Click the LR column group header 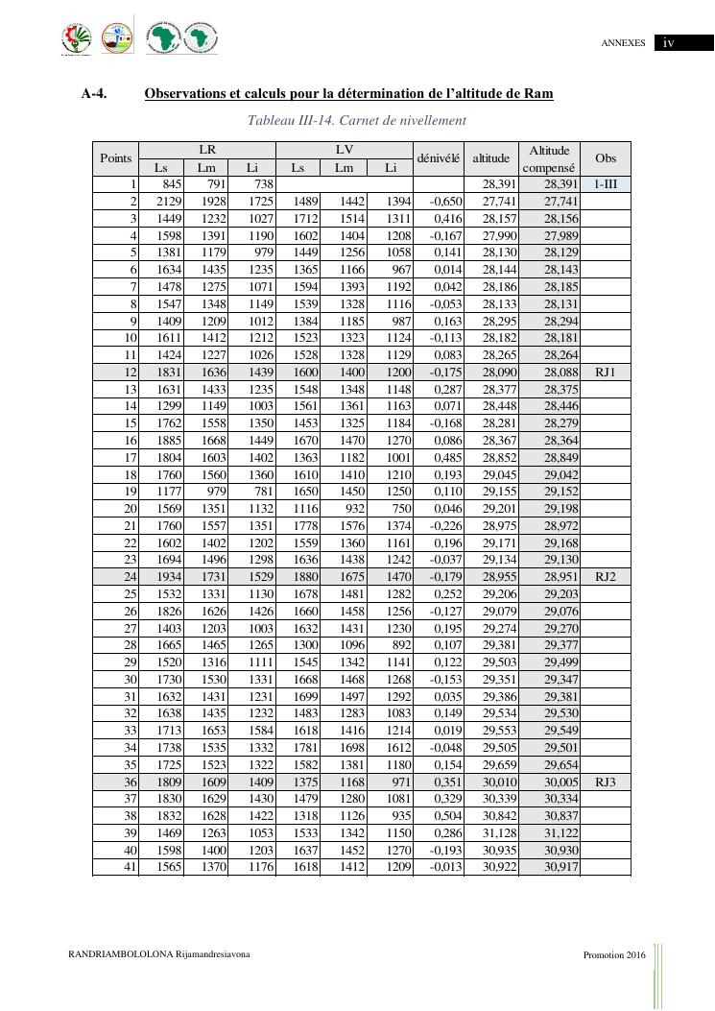(x=207, y=150)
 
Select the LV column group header (x=345, y=150)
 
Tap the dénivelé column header (x=439, y=158)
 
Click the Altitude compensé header (x=549, y=158)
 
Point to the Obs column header (x=606, y=158)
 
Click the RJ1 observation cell (x=606, y=372)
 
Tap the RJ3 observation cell (x=606, y=782)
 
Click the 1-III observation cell (x=606, y=183)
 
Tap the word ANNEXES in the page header (x=623, y=43)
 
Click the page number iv (x=669, y=43)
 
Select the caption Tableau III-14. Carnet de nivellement (x=357, y=120)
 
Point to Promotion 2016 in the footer (x=614, y=954)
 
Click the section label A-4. (x=94, y=94)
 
